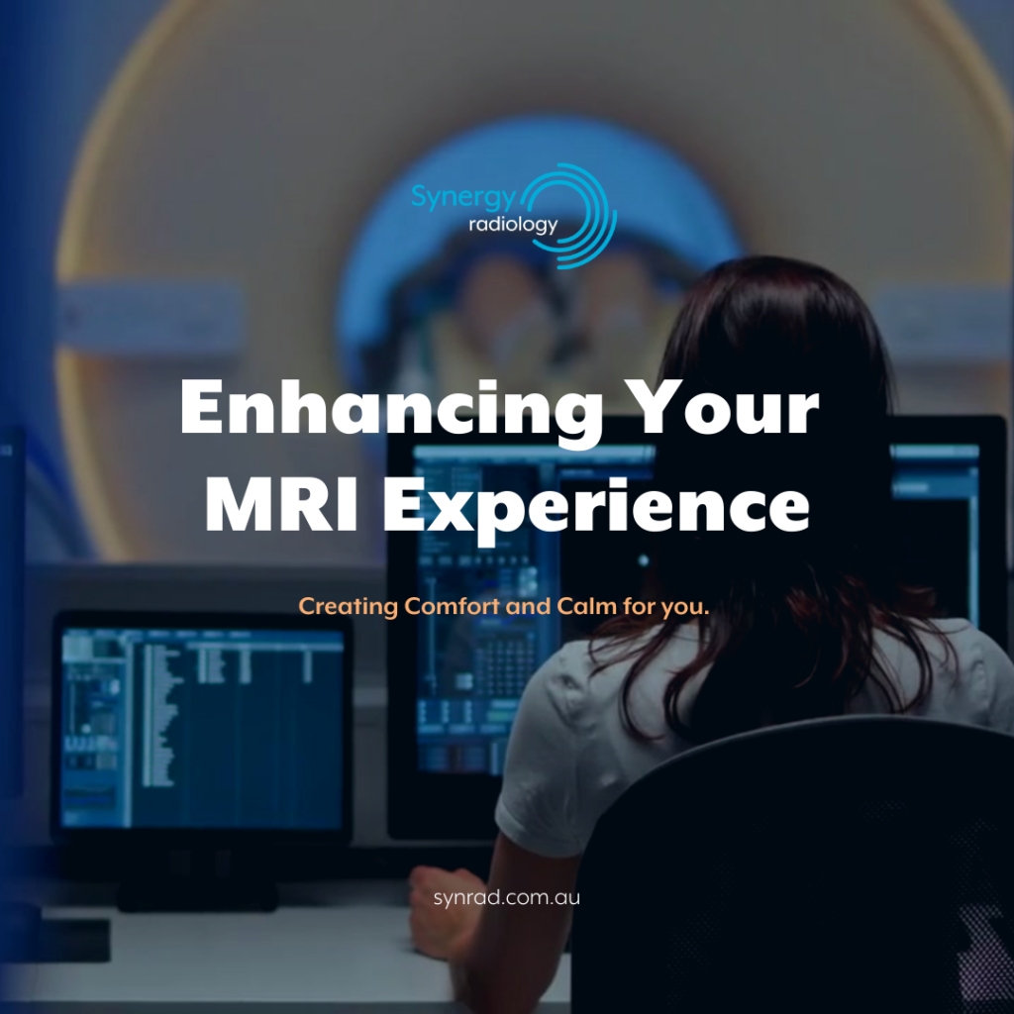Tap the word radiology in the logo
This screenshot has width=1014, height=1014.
tap(513, 226)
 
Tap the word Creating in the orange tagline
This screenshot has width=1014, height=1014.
tap(349, 606)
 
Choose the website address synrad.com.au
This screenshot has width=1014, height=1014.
tap(506, 898)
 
